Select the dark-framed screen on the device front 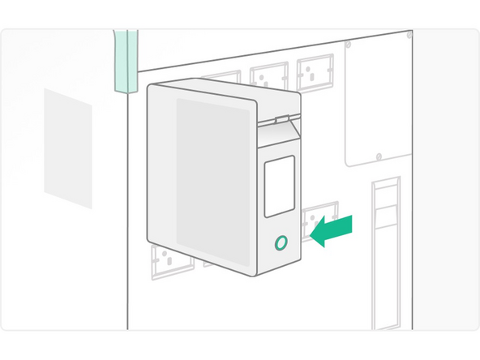[x=279, y=186]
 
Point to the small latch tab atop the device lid [x=279, y=118]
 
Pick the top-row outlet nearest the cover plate [x=315, y=72]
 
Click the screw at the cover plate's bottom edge [x=378, y=156]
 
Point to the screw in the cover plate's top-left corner [x=348, y=45]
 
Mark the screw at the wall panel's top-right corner [x=409, y=36]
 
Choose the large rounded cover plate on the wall [x=377, y=101]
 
